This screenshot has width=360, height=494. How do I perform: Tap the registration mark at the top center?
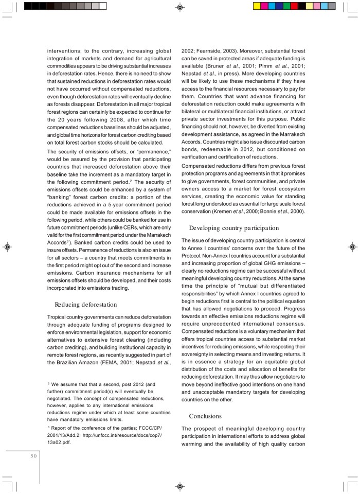point(180,7)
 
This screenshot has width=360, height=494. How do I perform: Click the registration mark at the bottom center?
point(180,486)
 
